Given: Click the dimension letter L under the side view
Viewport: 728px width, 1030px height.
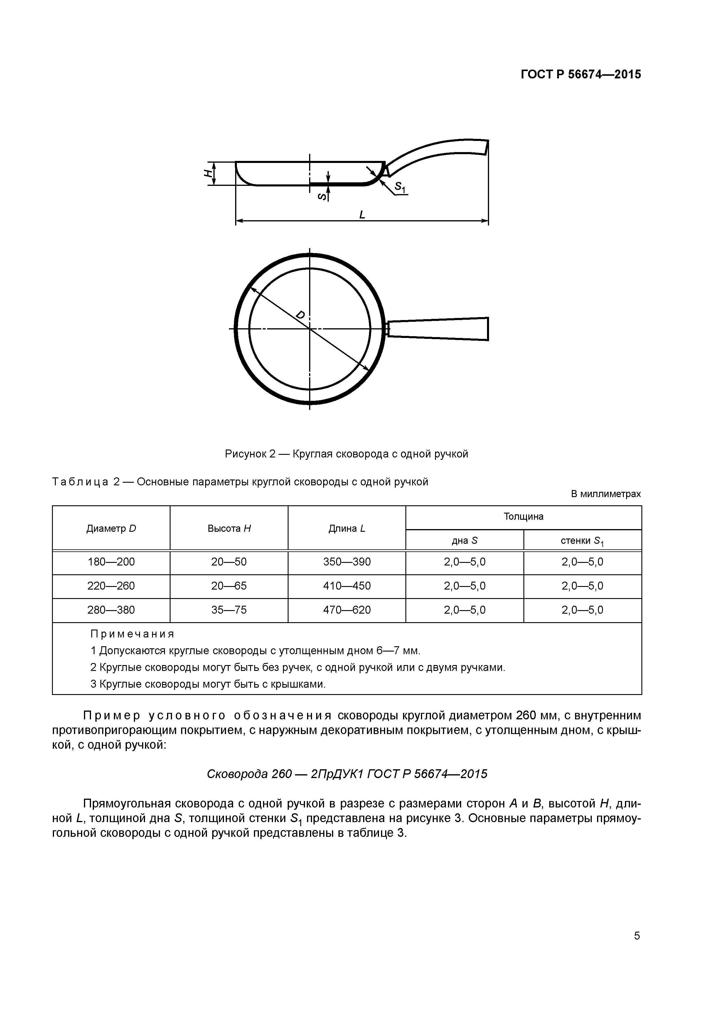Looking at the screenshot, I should tap(362, 215).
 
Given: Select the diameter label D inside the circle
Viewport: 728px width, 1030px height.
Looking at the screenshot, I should tap(301, 315).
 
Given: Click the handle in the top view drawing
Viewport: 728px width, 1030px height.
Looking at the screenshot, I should tap(439, 329).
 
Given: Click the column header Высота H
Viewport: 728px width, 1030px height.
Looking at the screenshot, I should tap(229, 529).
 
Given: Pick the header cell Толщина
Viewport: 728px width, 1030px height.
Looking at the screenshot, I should tap(523, 516).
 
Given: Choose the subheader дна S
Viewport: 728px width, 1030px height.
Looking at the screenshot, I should tap(464, 541).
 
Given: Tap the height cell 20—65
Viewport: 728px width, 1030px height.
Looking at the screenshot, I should tap(229, 586).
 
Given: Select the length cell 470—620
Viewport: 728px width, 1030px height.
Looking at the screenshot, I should tap(347, 610).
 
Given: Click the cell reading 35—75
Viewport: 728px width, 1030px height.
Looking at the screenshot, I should tap(229, 610).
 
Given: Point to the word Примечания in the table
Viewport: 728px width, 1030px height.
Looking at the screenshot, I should tap(132, 634).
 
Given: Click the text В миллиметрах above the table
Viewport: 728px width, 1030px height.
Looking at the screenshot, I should tap(606, 494).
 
